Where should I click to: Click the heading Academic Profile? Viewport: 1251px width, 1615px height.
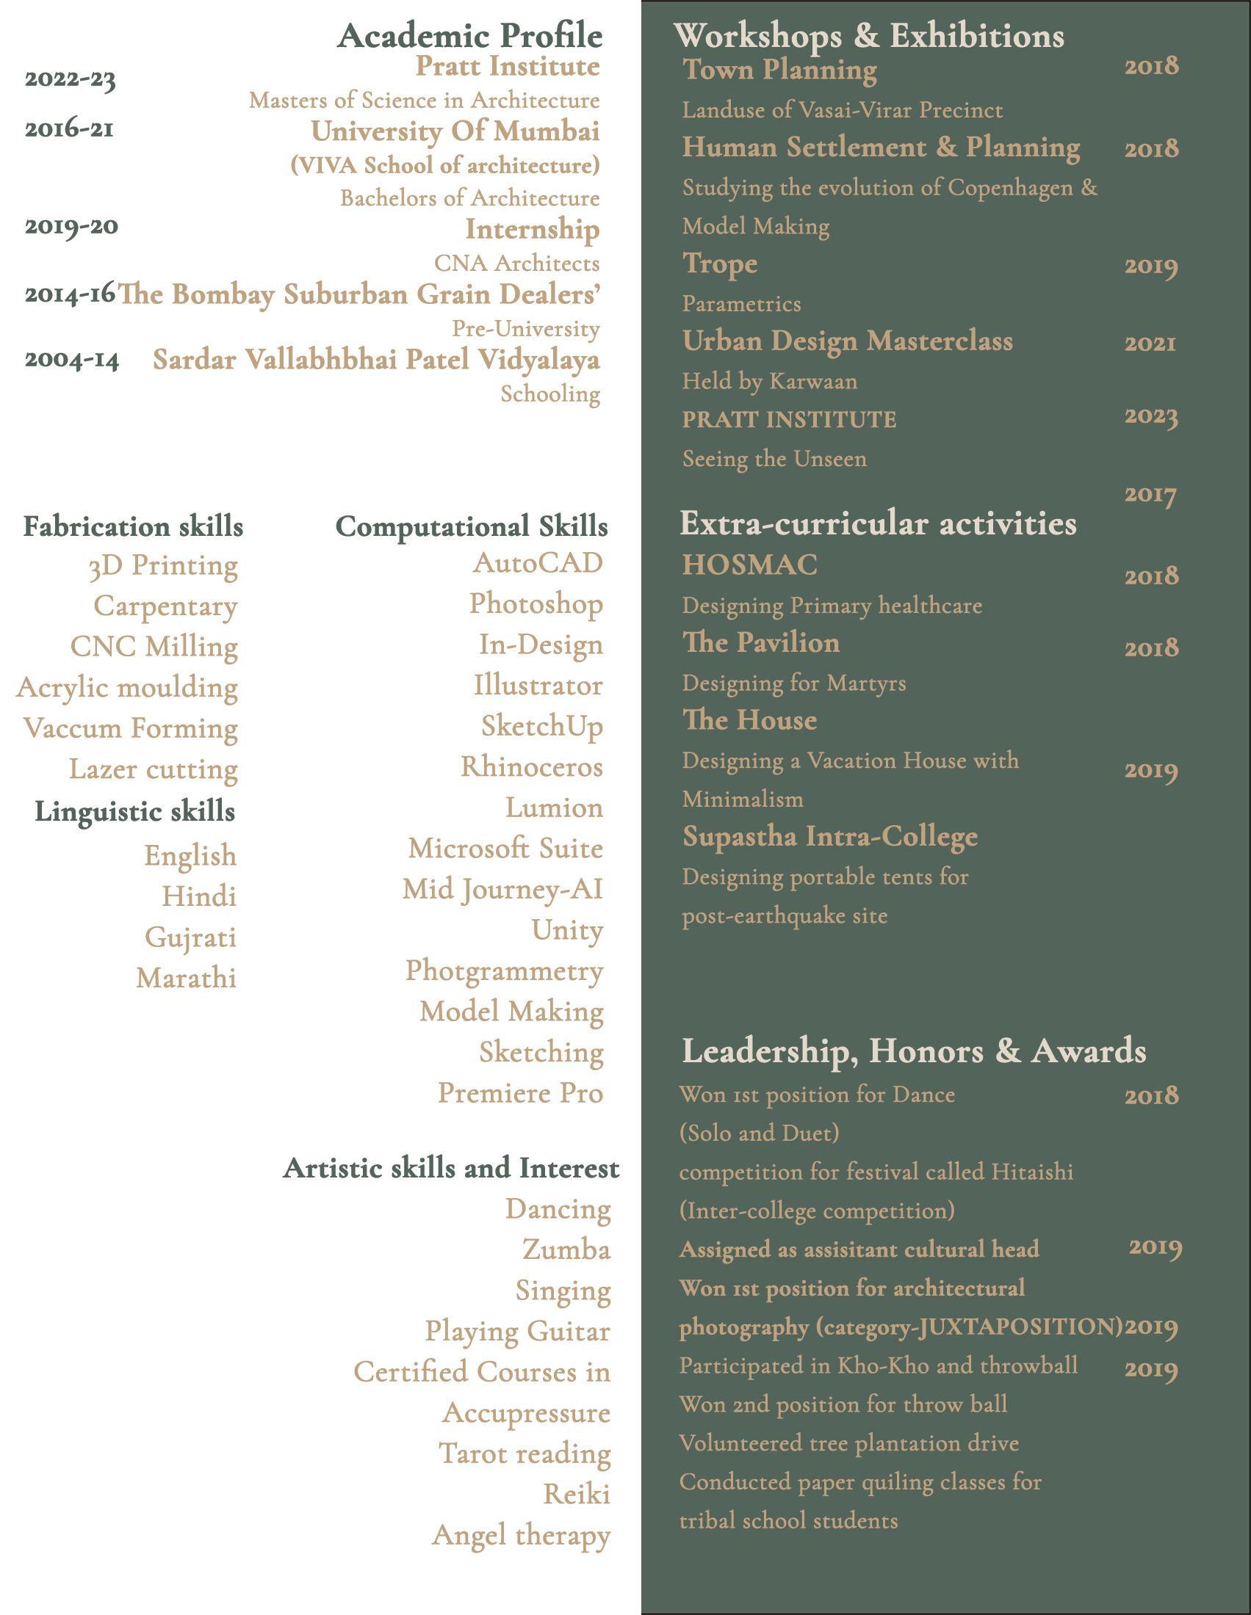[470, 35]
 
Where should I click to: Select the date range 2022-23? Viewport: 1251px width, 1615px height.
[71, 79]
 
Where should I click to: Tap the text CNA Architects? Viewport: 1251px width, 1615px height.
[516, 263]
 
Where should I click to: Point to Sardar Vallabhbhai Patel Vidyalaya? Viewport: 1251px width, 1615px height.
[376, 360]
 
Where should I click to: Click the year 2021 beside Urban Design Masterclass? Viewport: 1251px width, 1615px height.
[1150, 343]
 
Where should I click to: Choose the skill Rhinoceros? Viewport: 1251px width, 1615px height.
[531, 767]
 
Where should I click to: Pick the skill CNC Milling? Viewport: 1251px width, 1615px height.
[154, 646]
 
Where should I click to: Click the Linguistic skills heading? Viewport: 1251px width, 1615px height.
[134, 811]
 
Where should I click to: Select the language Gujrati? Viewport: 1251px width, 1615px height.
[190, 937]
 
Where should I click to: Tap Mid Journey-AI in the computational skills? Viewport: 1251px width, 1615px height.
[502, 889]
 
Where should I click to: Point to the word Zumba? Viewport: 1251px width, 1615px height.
[566, 1249]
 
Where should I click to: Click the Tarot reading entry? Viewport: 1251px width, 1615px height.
[524, 1453]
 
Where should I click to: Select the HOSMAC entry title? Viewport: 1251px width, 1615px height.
[749, 565]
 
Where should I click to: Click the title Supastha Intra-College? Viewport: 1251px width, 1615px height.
[829, 836]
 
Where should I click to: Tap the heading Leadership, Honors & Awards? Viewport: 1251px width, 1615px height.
[913, 1050]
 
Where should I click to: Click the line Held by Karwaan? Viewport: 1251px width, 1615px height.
[769, 382]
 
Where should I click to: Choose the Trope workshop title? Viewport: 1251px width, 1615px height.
[720, 264]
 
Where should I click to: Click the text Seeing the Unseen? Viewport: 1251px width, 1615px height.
[774, 460]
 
